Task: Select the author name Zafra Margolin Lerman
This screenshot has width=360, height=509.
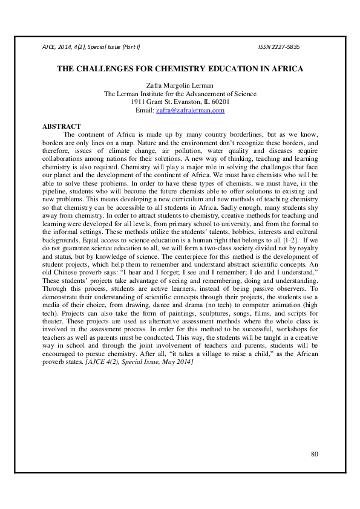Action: point(180,86)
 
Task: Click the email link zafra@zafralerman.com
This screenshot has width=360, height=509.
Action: point(190,111)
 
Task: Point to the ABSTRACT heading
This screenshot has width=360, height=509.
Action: point(61,126)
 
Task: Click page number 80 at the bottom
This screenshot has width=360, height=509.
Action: point(314,454)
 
